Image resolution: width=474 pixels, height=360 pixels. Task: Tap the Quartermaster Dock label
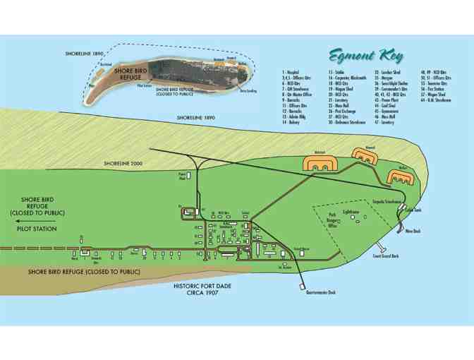(321, 292)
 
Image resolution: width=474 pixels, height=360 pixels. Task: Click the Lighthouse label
(351, 212)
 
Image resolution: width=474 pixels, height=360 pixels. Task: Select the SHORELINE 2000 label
(123, 164)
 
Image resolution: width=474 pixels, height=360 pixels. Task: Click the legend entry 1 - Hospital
(291, 72)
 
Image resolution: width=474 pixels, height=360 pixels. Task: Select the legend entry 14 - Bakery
(290, 122)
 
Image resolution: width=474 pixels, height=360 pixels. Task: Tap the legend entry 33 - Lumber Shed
(388, 72)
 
